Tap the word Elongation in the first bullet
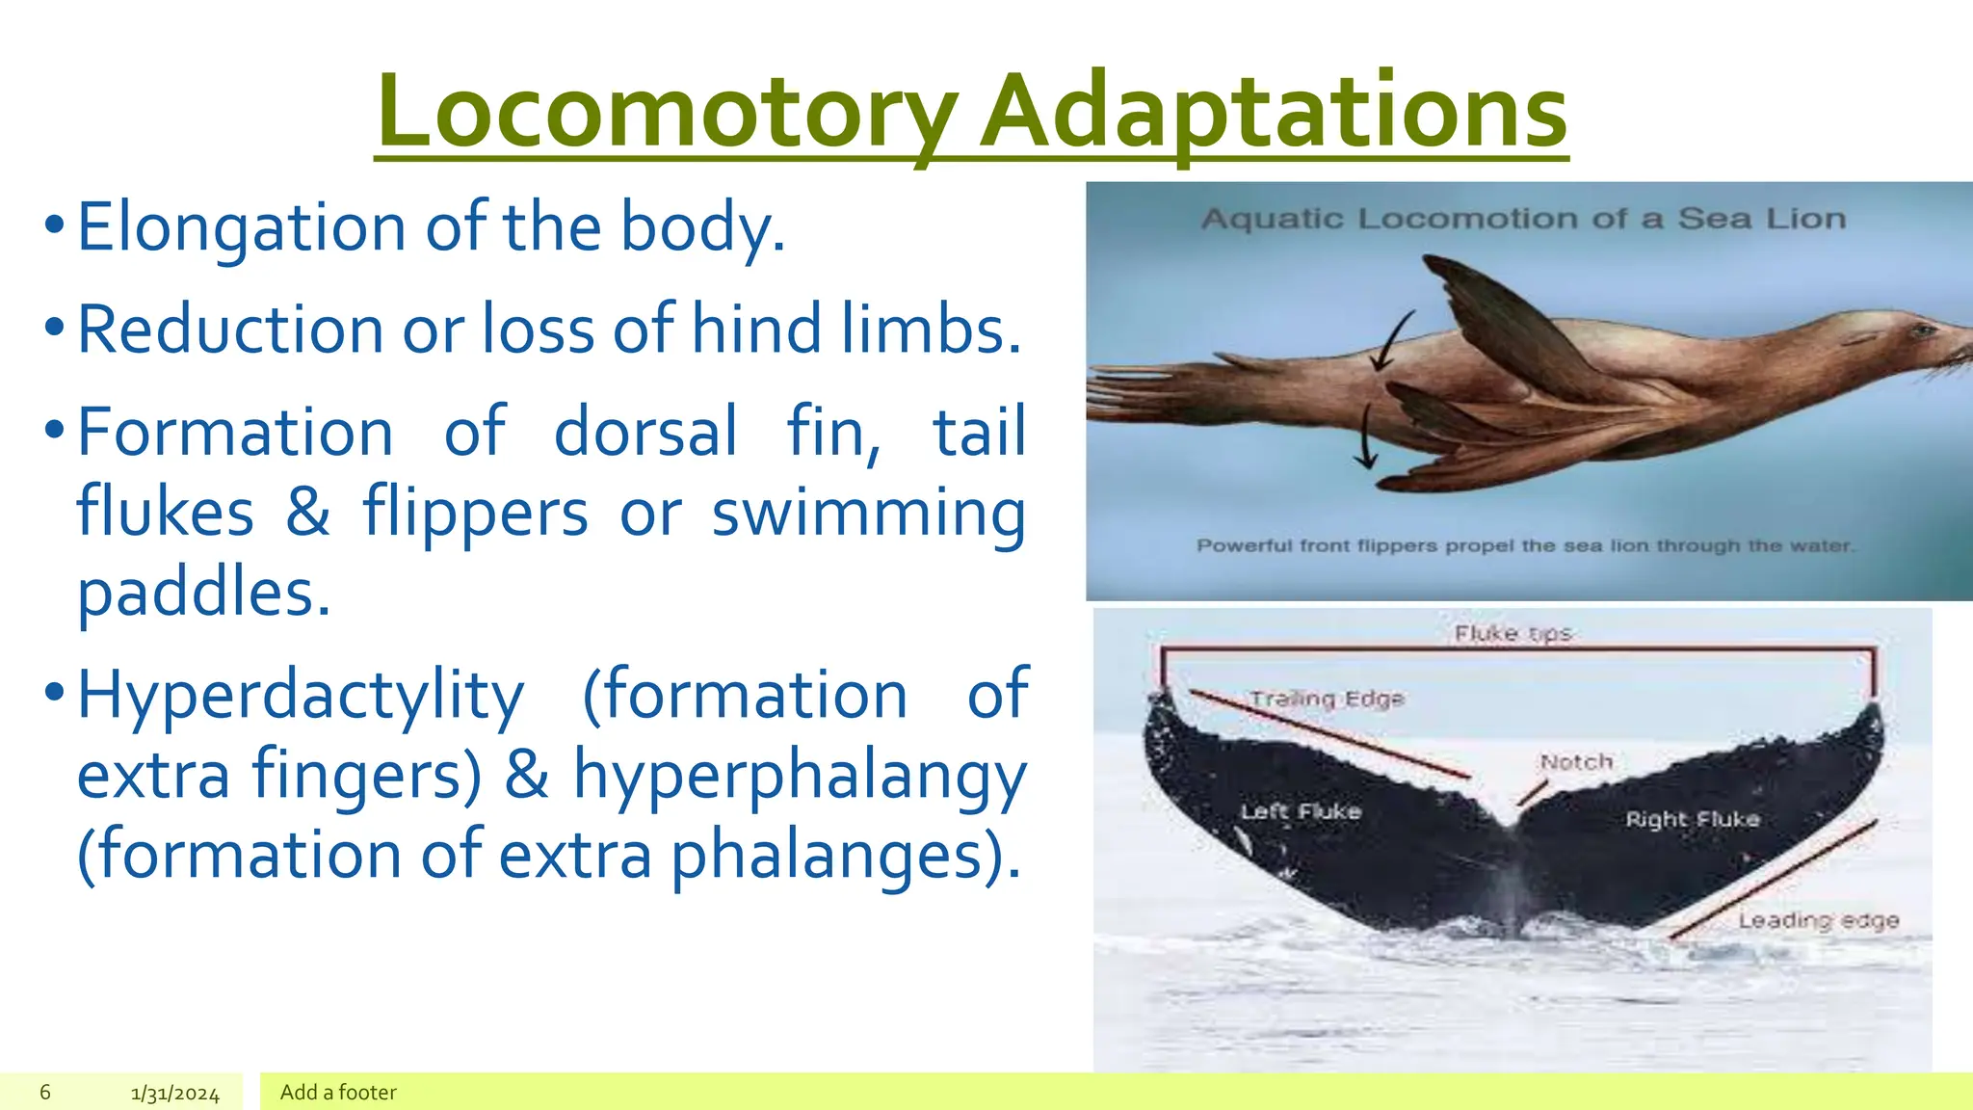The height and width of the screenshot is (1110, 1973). pos(241,228)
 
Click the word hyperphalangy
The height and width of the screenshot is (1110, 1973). pos(800,776)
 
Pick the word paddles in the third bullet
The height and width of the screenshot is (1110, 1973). pos(203,593)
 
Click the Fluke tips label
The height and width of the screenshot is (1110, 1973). pos(1513,633)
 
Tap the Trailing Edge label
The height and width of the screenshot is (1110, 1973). pos(1327,699)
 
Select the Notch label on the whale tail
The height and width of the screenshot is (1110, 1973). pos(1576,762)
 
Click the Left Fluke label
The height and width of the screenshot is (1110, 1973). pos(1301,811)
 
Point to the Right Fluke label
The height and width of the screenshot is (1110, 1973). pos(1692,819)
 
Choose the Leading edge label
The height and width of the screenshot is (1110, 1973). pos(1818,921)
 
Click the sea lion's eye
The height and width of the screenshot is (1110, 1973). pos(1921,331)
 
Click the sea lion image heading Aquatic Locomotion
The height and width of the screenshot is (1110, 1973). pos(1523,219)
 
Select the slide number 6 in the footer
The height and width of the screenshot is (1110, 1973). pos(45,1092)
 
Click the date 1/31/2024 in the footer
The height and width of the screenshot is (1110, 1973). pos(175,1094)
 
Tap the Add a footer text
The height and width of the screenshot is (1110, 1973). pos(338,1092)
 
